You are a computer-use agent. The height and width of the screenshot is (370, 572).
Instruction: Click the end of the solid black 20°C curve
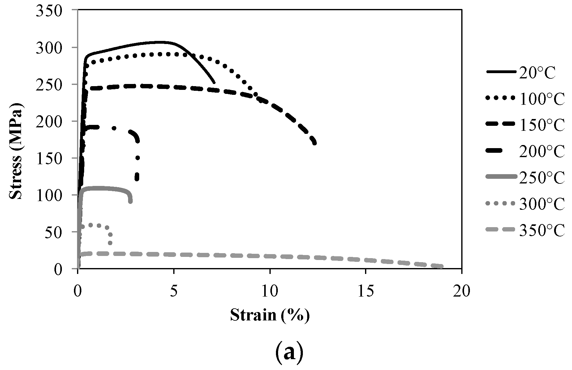point(214,83)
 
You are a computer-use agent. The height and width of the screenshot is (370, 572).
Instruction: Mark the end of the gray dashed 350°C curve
point(442,267)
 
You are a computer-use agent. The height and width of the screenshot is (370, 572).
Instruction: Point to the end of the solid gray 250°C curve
point(130,201)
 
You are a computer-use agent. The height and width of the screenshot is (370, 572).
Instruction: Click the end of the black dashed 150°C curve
point(315,143)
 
